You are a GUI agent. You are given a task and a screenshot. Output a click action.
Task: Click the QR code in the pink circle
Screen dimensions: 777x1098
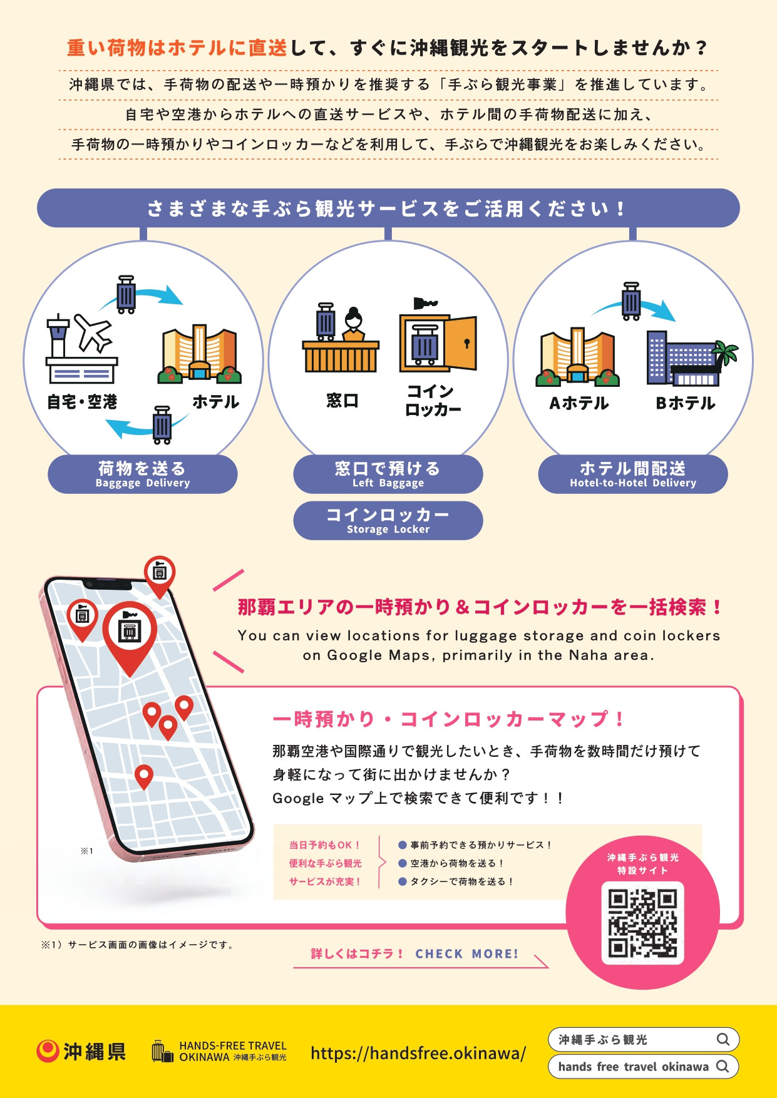(x=642, y=923)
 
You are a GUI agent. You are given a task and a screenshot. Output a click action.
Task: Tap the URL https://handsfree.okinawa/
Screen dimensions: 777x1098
(x=418, y=1053)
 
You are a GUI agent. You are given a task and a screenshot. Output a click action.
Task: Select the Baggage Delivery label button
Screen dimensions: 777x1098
(x=143, y=475)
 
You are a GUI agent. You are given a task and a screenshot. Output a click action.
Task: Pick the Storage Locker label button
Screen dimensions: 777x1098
(x=388, y=521)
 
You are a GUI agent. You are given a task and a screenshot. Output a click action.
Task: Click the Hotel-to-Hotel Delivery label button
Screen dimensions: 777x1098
(x=633, y=475)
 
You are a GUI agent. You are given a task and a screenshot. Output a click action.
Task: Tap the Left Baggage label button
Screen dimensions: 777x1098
(x=388, y=475)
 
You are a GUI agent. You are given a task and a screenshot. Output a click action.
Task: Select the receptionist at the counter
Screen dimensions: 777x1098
(x=354, y=324)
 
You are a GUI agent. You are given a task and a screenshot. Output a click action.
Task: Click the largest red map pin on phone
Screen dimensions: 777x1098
(x=130, y=637)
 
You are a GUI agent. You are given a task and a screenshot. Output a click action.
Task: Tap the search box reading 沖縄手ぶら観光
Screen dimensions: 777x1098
(x=644, y=1039)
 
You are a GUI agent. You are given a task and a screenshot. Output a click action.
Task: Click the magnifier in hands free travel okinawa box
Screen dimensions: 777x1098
(x=723, y=1066)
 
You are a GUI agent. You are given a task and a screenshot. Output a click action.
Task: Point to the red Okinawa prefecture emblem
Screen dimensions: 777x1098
(x=47, y=1051)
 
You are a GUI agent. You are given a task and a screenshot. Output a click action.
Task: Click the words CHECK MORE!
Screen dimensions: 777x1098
(x=467, y=954)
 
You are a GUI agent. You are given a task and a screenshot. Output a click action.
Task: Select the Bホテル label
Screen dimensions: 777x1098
(x=686, y=403)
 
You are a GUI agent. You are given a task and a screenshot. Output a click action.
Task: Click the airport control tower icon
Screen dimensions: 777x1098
(x=58, y=336)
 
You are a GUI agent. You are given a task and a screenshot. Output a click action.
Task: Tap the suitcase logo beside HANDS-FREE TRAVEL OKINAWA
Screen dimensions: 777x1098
(x=162, y=1052)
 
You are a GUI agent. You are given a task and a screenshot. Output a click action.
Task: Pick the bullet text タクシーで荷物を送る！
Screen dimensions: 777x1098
(x=461, y=881)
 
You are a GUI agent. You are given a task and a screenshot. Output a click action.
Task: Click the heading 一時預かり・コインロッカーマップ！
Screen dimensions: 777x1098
(x=448, y=719)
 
